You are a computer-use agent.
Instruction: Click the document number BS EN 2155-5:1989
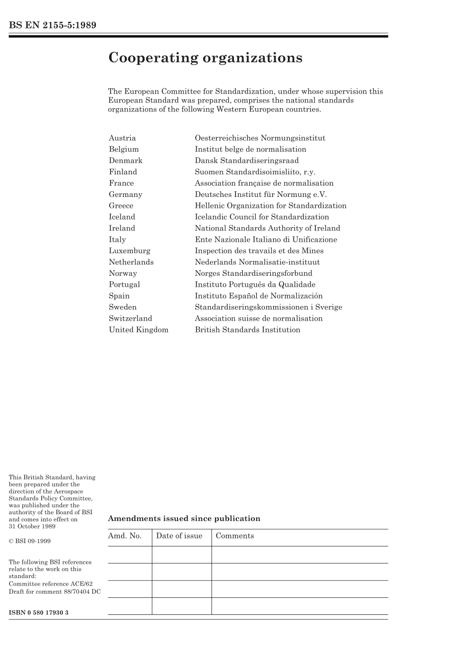[x=52, y=26]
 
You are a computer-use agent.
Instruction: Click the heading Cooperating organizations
[x=205, y=58]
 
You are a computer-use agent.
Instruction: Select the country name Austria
[x=122, y=138]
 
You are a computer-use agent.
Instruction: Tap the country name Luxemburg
[x=130, y=251]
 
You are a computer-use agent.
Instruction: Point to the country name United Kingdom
[x=138, y=330]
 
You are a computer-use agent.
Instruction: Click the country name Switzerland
[x=130, y=318]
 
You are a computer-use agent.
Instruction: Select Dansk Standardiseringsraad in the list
[x=247, y=161]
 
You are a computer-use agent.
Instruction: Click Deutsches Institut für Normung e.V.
[x=261, y=194]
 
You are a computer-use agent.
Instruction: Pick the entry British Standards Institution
[x=248, y=330]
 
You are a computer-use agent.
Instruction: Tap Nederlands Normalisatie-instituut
[x=257, y=262]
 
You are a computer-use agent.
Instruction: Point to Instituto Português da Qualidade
[x=255, y=284]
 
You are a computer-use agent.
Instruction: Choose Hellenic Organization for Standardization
[x=271, y=205]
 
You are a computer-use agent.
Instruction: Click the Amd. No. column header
[x=125, y=536]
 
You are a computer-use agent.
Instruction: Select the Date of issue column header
[x=179, y=536]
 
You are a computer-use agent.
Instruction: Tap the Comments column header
[x=235, y=536]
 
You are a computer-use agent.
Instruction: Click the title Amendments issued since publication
[x=184, y=519]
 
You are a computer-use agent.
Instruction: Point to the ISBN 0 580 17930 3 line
[x=39, y=612]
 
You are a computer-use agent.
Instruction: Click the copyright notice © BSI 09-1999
[x=30, y=541]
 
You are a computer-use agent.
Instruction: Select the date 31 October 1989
[x=32, y=527]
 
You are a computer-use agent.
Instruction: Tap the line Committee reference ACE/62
[x=51, y=584]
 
